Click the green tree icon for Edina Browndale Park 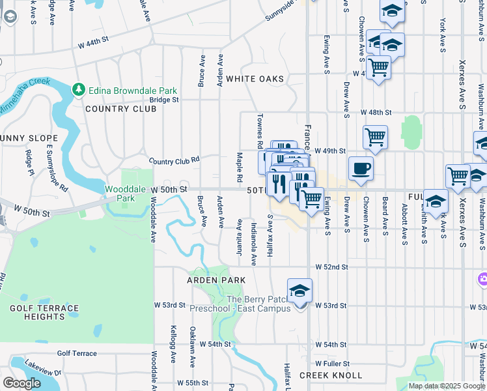pyautogui.click(x=78, y=89)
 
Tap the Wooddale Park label pyautogui.click(x=120, y=194)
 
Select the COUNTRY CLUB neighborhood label pyautogui.click(x=120, y=109)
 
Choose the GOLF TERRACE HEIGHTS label pyautogui.click(x=44, y=312)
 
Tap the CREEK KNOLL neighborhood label pyautogui.click(x=331, y=375)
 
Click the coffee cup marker pyautogui.click(x=361, y=169)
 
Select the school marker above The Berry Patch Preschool pyautogui.click(x=299, y=291)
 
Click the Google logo pyautogui.click(x=22, y=383)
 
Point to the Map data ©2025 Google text pyautogui.click(x=447, y=386)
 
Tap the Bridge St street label pyautogui.click(x=163, y=100)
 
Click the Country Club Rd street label pyautogui.click(x=174, y=160)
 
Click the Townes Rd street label pyautogui.click(x=259, y=130)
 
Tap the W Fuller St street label pyautogui.click(x=332, y=364)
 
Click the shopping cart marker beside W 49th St pyautogui.click(x=375, y=138)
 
